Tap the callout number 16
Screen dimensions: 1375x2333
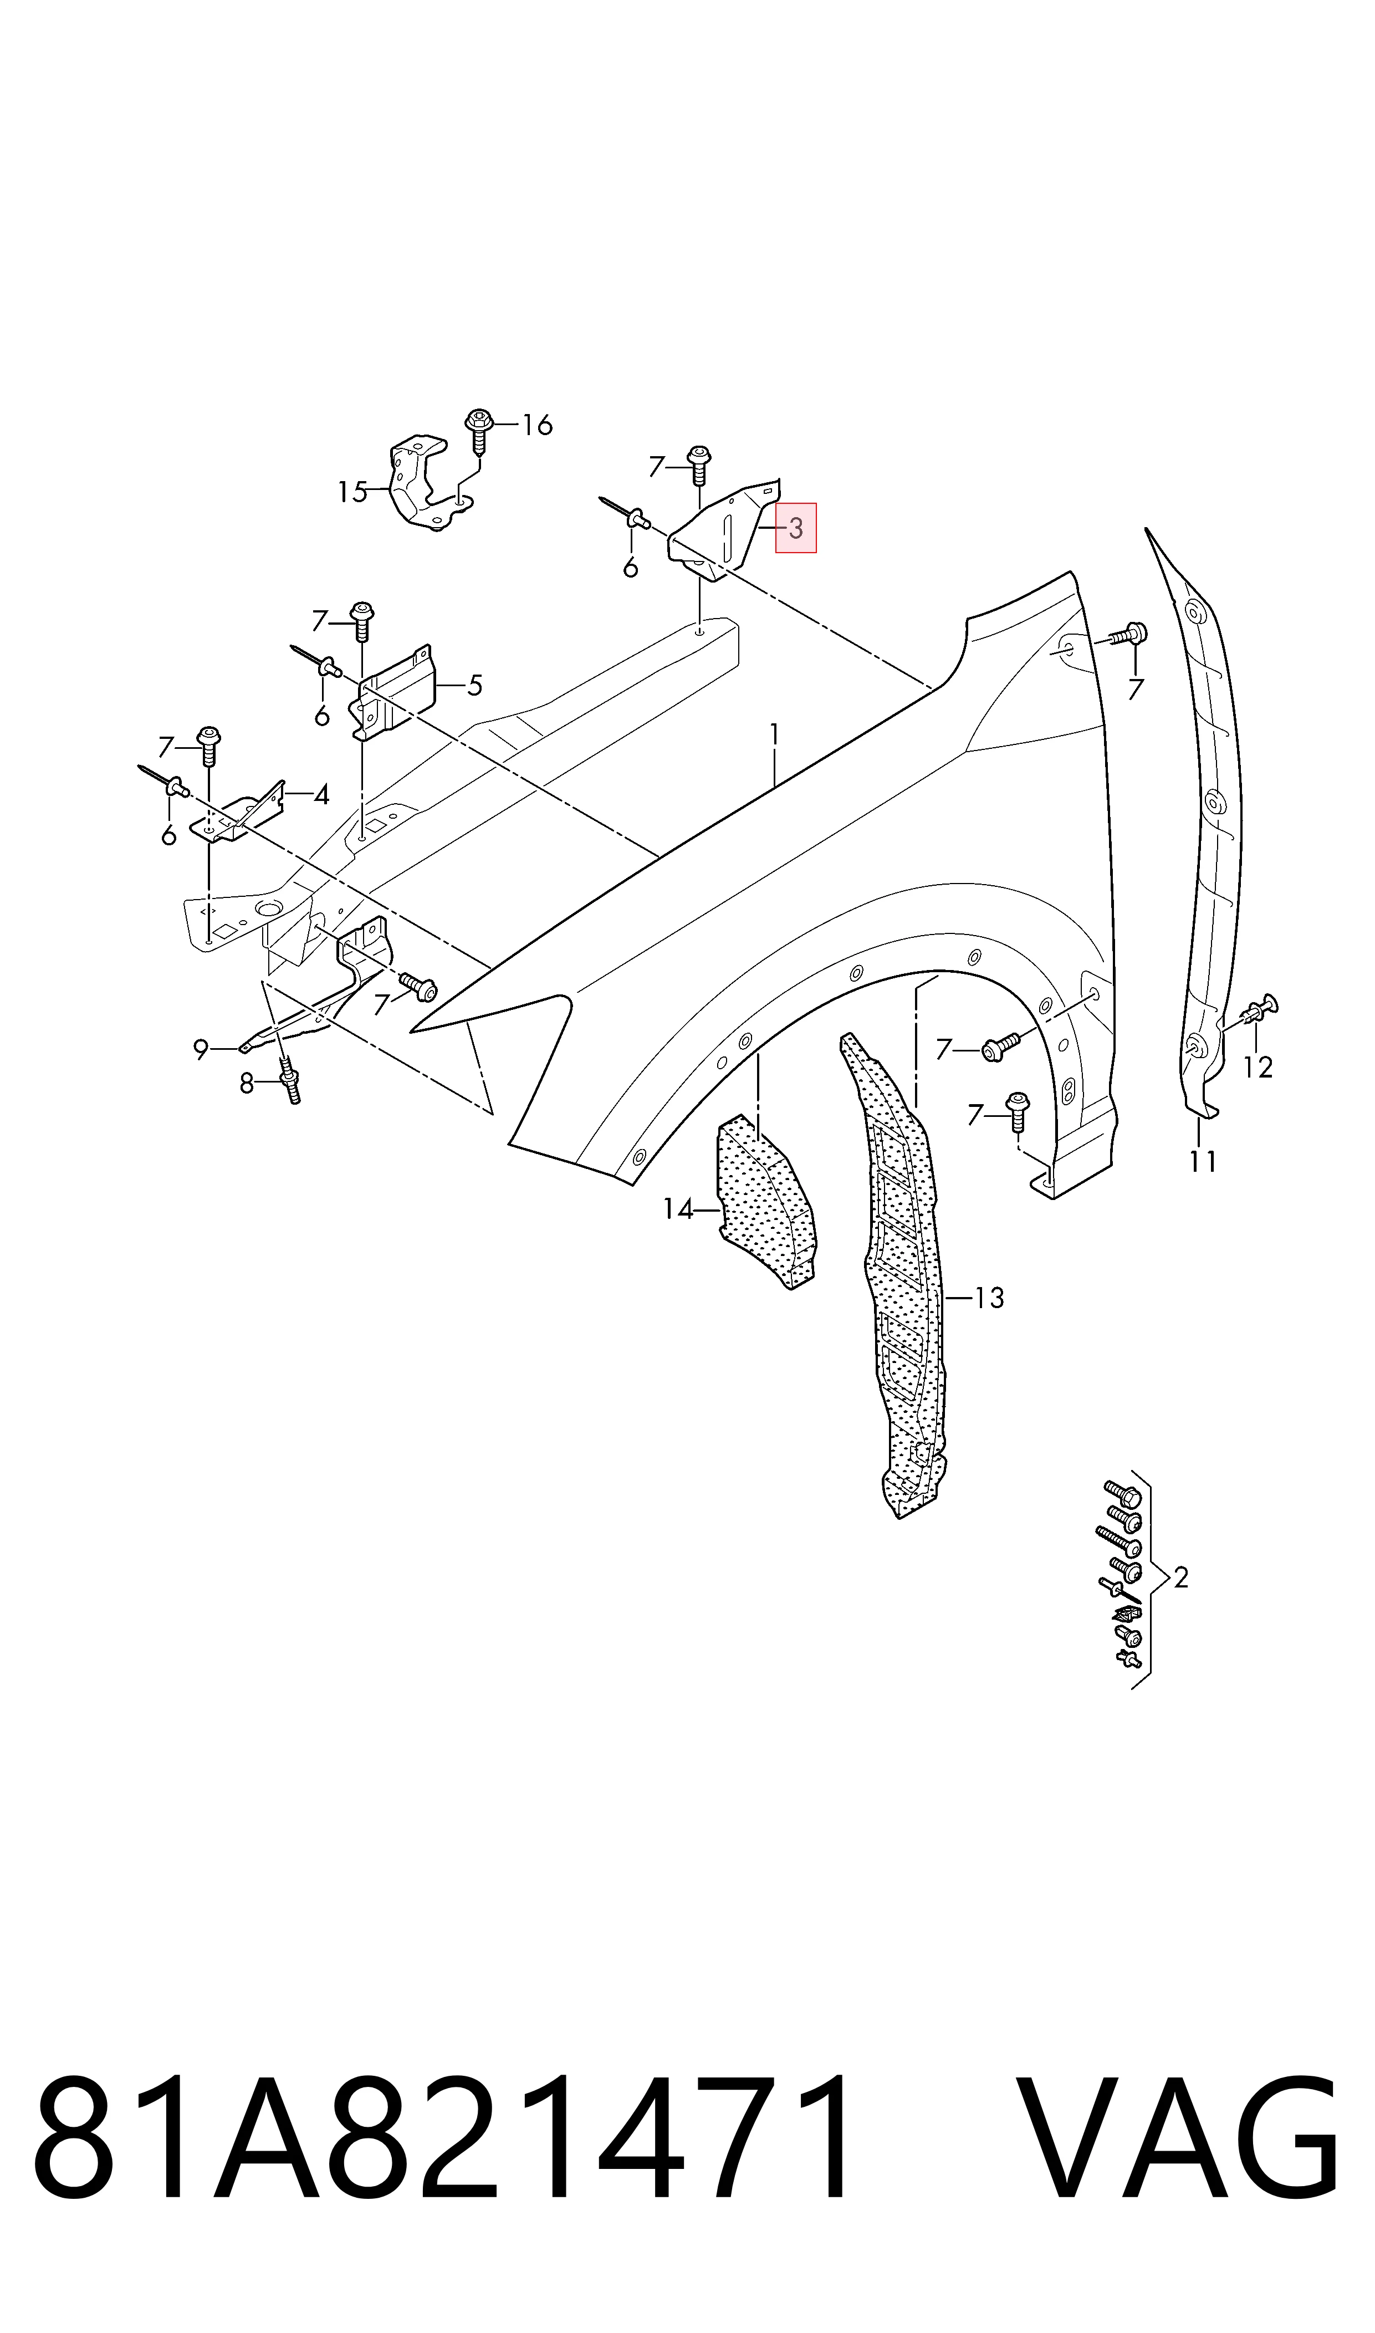tap(538, 425)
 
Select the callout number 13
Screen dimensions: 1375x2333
tap(990, 1298)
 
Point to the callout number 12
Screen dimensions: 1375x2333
tap(1258, 1068)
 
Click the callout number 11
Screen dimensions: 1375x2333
tap(1203, 1161)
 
